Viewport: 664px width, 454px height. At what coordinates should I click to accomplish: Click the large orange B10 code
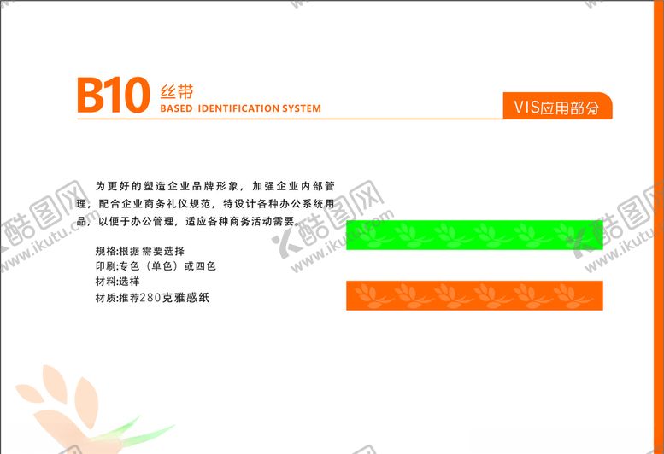(112, 96)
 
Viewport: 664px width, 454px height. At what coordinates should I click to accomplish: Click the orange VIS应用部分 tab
(556, 107)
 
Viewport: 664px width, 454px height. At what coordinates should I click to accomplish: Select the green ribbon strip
(474, 235)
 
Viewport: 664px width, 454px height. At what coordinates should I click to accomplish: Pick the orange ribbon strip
(474, 295)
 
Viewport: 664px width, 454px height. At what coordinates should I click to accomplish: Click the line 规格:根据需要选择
(140, 251)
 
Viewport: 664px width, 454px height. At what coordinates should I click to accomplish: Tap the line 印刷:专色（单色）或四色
(156, 266)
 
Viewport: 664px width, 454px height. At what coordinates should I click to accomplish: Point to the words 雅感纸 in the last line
(191, 298)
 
